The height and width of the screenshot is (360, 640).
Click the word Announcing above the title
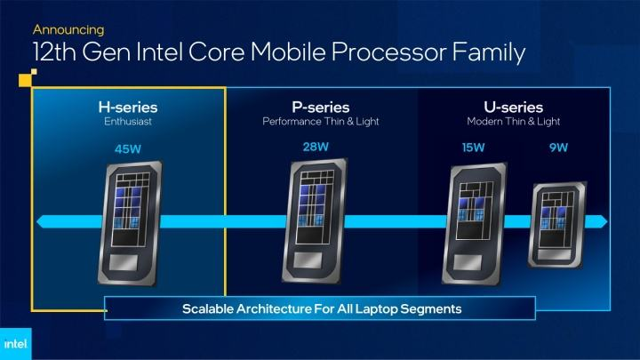(68, 30)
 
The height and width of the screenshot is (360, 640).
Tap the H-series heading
(128, 108)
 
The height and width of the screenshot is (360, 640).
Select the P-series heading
(320, 108)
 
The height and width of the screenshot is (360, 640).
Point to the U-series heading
(513, 108)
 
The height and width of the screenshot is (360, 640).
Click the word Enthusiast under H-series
(128, 122)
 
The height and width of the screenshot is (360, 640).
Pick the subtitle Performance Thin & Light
(320, 122)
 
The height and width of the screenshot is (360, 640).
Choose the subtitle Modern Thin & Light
(513, 122)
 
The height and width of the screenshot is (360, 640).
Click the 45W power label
(128, 149)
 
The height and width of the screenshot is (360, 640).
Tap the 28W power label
(316, 147)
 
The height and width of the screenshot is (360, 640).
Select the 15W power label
(473, 148)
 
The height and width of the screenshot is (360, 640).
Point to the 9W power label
(558, 148)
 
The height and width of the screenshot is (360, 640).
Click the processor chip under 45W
(130, 223)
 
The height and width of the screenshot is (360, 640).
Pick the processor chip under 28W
(315, 220)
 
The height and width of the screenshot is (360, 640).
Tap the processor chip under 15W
(475, 224)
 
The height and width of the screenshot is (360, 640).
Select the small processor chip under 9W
(557, 225)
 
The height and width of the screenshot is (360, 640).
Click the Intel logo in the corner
(15, 344)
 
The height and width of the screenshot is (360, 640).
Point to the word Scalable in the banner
(207, 309)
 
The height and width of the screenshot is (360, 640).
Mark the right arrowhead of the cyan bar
(602, 221)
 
